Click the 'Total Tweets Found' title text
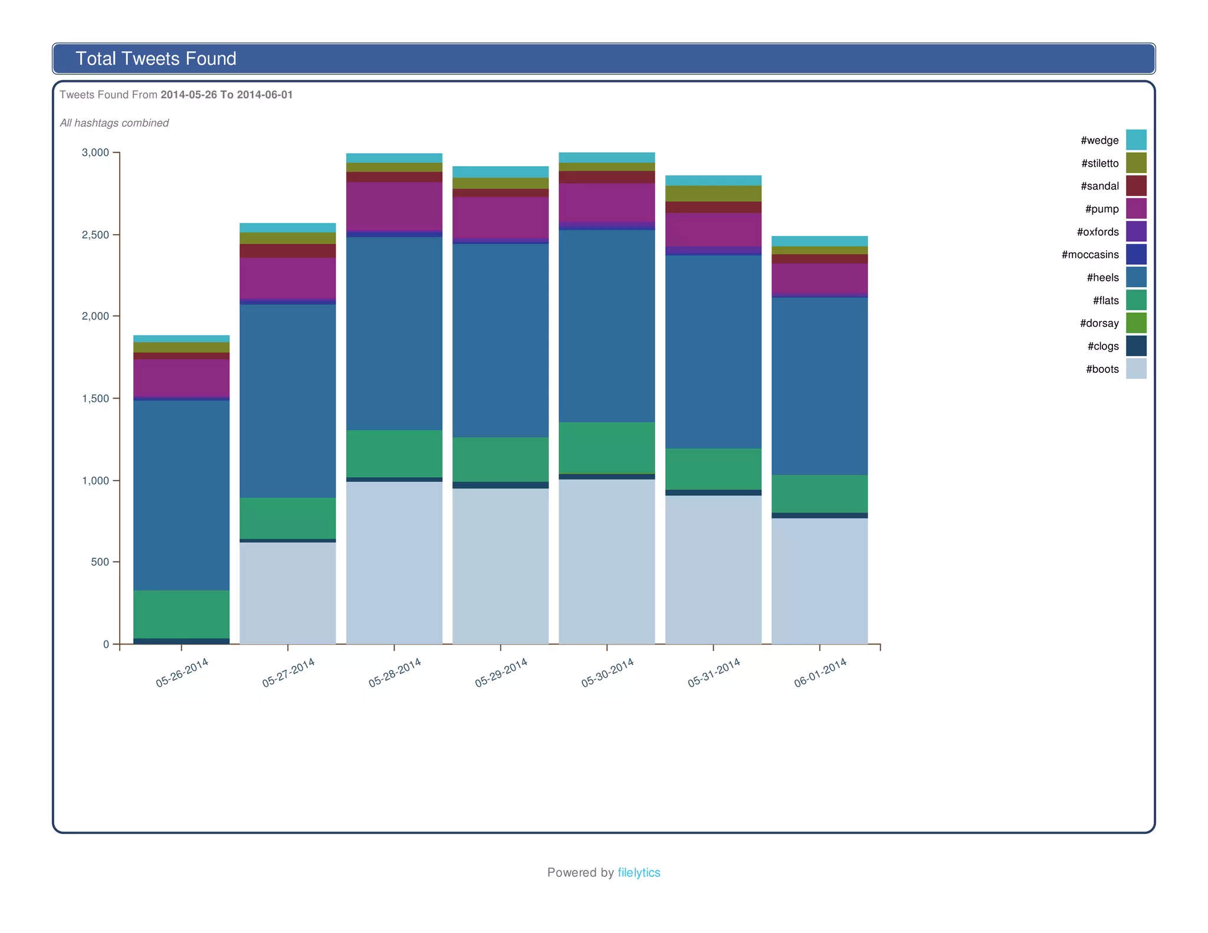coord(156,58)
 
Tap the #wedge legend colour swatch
coord(1135,140)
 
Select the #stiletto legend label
coord(1099,163)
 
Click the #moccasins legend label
coord(1089,255)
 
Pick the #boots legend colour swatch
coord(1135,369)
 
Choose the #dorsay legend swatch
coord(1135,323)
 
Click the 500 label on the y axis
coord(100,562)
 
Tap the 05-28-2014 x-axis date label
coord(395,673)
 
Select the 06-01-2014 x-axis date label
coord(820,673)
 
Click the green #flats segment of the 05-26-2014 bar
coord(181,614)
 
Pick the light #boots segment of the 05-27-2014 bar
coord(287,593)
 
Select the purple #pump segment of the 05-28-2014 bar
coord(394,206)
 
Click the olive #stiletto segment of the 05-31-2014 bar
coord(713,193)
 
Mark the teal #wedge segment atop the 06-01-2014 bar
coord(819,241)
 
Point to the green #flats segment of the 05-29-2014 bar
coord(500,459)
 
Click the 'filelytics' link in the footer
coord(639,872)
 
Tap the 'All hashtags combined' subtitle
coord(114,123)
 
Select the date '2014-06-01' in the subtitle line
coord(265,95)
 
